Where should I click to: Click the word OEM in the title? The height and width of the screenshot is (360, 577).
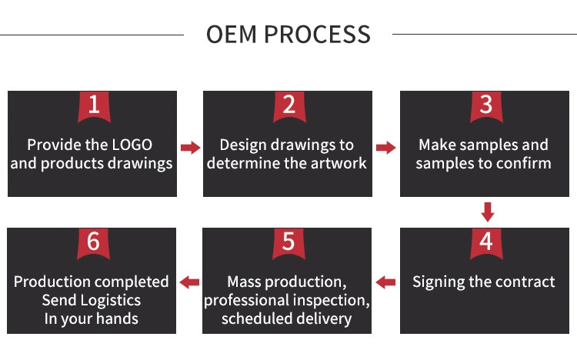(x=231, y=35)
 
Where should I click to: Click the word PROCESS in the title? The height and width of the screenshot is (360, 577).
(x=317, y=35)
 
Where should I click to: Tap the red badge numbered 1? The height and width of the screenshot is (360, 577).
(x=94, y=106)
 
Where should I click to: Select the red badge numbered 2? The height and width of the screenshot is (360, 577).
(x=289, y=106)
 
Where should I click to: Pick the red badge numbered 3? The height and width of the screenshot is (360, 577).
(x=486, y=106)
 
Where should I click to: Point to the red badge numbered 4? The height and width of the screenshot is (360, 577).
(x=486, y=243)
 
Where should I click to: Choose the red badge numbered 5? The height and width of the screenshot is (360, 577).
(x=288, y=243)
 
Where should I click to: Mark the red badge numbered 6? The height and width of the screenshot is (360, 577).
(x=93, y=243)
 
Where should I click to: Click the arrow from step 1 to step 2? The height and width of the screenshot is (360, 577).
(x=191, y=148)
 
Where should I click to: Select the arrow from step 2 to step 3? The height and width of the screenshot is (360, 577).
(x=385, y=148)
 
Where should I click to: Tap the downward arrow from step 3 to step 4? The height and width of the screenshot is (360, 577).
(x=488, y=212)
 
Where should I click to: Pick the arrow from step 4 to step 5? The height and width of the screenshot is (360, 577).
(x=385, y=282)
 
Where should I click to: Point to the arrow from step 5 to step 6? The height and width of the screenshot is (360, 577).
(x=189, y=282)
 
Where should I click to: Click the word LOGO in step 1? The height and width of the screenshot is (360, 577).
(x=132, y=145)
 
